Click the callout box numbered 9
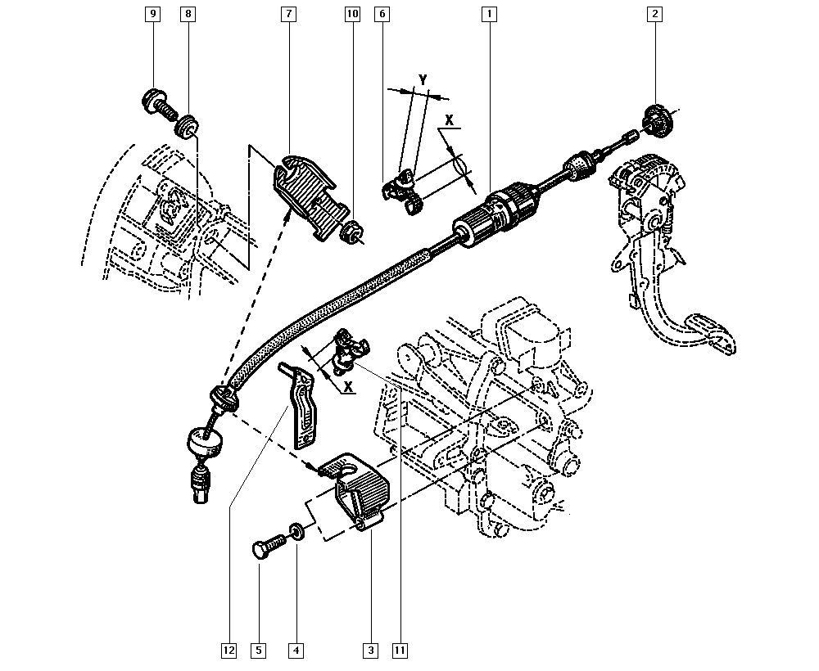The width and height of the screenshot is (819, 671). click(152, 14)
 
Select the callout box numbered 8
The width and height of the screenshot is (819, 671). click(188, 14)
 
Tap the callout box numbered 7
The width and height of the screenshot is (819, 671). click(290, 14)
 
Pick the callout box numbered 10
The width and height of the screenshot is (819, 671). click(352, 14)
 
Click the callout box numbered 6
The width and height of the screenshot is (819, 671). click(382, 14)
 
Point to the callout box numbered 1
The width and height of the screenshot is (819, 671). click(488, 14)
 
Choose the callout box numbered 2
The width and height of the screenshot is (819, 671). click(654, 14)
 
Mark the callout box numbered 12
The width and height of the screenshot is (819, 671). click(229, 651)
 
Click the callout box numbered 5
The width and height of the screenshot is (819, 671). click(259, 651)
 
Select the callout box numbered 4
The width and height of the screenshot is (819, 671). click(296, 651)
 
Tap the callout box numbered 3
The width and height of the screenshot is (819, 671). click(370, 651)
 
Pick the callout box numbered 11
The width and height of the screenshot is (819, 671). click(400, 651)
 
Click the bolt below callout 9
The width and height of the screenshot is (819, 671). click(159, 103)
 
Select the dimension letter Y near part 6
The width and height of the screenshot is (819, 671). click(423, 79)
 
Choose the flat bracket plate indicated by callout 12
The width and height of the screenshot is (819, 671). click(302, 405)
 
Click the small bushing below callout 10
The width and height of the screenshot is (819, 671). click(351, 232)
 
